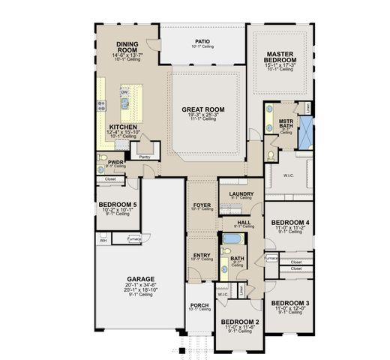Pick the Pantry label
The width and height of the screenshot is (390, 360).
point(145,157)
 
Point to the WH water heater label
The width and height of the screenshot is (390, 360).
point(101,240)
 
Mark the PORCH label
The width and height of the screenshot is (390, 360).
point(199,304)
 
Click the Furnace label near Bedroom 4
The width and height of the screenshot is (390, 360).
point(271,259)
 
